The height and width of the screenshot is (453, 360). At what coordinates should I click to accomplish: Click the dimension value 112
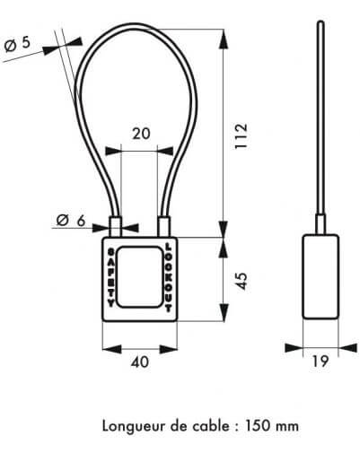click(x=241, y=135)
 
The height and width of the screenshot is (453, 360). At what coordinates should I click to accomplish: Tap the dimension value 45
click(x=241, y=281)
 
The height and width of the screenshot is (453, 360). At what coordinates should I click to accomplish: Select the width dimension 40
click(x=140, y=362)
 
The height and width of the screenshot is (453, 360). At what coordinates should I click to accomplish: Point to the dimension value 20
click(x=141, y=134)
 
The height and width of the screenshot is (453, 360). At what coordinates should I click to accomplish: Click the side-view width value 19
click(x=320, y=362)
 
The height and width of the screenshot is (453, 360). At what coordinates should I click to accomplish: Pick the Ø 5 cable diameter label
click(x=18, y=44)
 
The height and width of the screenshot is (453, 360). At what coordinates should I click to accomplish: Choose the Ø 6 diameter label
click(x=71, y=221)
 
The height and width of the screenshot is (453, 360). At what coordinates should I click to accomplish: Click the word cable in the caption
click(x=212, y=426)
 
